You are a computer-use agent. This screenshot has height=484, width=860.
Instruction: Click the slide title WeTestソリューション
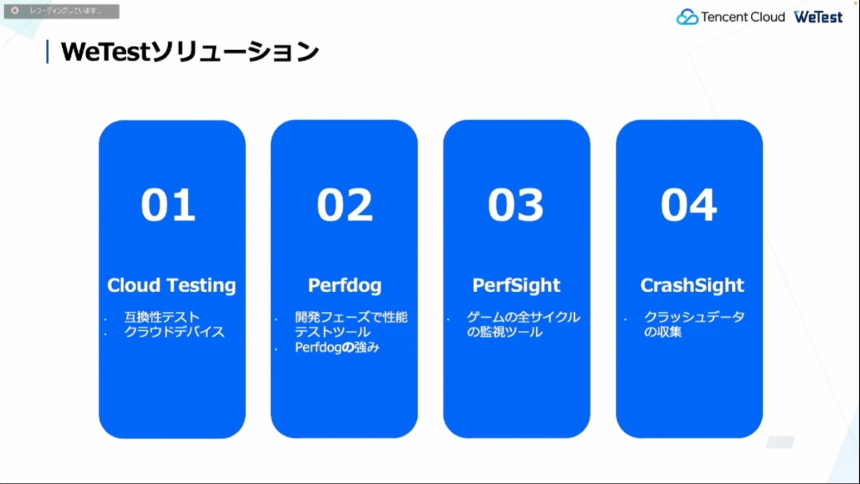point(190,51)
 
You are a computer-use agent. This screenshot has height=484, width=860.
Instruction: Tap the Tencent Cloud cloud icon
point(687,17)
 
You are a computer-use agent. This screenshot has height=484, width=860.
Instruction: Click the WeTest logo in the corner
point(818,17)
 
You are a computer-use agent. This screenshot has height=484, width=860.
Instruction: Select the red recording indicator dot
point(15,10)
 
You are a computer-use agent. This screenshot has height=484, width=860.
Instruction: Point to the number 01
point(168,204)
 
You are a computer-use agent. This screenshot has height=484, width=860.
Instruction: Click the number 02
point(344,204)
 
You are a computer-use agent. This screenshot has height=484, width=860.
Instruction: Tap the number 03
point(516,204)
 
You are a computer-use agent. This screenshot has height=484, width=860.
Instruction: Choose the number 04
point(688,204)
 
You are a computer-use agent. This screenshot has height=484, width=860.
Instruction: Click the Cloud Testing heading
point(171,285)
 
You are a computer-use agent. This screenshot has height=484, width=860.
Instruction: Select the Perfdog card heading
point(345,285)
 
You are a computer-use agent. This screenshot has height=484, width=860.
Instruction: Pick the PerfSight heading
point(516,285)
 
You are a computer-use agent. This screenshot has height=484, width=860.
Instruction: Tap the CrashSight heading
point(692,285)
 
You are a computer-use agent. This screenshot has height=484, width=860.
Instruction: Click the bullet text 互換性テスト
point(162,317)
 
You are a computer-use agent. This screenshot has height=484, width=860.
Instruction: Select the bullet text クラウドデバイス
point(175,332)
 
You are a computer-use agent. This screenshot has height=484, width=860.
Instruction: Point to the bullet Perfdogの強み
point(337,347)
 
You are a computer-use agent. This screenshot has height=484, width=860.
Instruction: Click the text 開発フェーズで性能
point(351,317)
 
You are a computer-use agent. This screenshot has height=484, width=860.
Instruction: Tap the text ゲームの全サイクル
point(524,317)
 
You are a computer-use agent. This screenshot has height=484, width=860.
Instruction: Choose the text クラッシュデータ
point(694,317)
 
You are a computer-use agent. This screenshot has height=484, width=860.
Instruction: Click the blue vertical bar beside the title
point(47,51)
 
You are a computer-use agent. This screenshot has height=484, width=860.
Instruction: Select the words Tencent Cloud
point(743,17)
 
